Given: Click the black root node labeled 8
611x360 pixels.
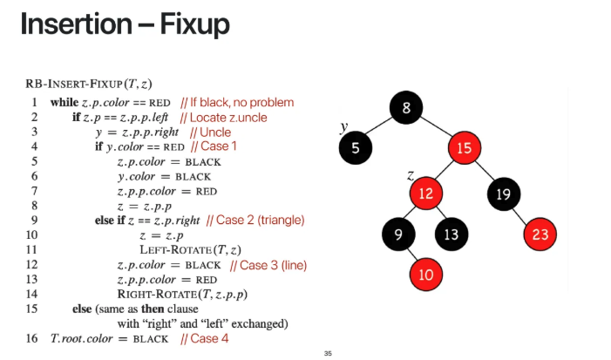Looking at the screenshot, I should click(406, 109).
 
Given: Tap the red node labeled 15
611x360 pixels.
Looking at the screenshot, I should click(463, 147).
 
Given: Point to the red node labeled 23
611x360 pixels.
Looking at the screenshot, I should click(540, 234).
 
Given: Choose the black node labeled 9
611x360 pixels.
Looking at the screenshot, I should click(397, 234).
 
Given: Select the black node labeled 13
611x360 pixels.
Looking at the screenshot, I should click(450, 234).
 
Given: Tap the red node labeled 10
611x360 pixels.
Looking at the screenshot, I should click(425, 275).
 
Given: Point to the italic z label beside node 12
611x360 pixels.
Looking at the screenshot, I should click(410, 176).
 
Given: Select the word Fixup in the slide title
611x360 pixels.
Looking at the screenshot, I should click(194, 24).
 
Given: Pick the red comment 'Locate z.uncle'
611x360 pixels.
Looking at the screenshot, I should click(223, 117).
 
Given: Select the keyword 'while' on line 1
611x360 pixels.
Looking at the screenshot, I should click(64, 102).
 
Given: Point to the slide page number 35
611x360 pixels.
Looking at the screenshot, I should click(327, 353).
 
